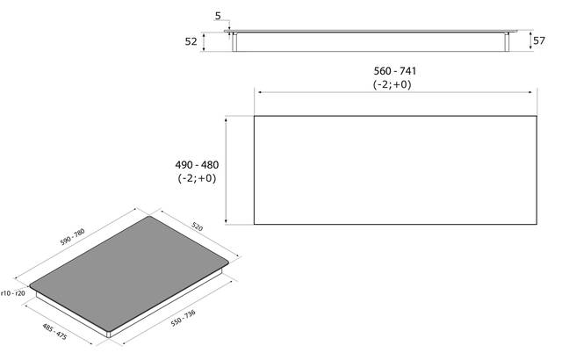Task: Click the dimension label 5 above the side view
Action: point(218,16)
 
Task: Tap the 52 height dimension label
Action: point(191,41)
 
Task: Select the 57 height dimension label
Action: point(539,41)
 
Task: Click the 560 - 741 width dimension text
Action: point(395,71)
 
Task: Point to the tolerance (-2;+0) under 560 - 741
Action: point(393,84)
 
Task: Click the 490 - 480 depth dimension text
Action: point(197,165)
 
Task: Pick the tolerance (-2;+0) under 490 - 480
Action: point(197,178)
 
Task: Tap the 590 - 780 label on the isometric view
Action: point(72,237)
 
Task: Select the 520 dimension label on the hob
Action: point(197,227)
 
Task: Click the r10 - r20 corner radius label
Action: point(13,293)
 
